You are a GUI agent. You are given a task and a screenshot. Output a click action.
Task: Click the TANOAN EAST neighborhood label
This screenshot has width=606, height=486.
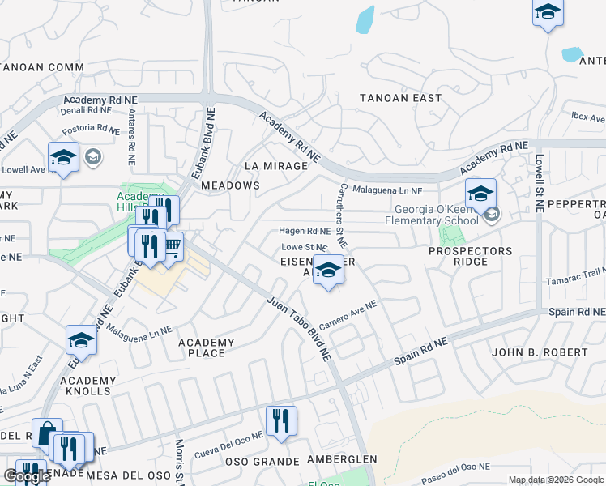[x=401, y=98]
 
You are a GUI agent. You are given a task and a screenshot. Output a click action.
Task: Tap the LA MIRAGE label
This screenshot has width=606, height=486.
[x=276, y=166]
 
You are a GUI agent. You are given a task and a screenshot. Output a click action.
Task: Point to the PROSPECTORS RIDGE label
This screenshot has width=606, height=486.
[x=470, y=256]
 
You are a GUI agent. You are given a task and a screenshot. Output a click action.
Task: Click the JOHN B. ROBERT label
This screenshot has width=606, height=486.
[x=540, y=352]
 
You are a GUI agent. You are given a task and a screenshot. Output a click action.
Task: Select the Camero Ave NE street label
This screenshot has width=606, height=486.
[x=348, y=315]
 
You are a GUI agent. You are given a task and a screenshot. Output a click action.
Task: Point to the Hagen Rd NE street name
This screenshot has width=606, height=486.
[x=304, y=231]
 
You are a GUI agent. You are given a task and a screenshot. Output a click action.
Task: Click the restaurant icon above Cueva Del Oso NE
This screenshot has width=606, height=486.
[x=281, y=420]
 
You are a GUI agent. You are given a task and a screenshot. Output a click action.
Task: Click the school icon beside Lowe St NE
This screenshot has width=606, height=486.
[x=328, y=269]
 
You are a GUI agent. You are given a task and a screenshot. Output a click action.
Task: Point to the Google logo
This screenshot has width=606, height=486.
[x=27, y=476]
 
